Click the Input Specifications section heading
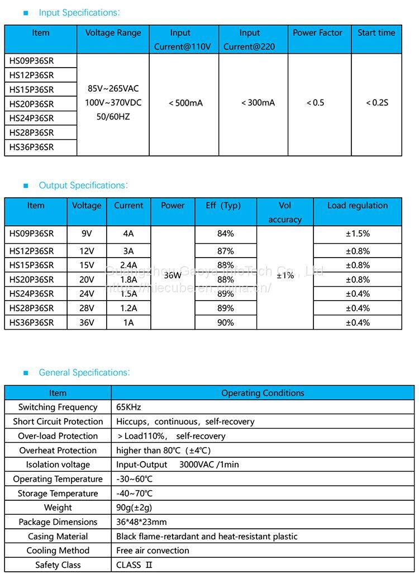[x=79, y=12]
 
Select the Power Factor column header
[x=318, y=33]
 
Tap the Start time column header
[x=376, y=33]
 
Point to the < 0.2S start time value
[x=377, y=103]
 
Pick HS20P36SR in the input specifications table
[x=32, y=104]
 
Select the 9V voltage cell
[x=87, y=234]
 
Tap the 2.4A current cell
[x=128, y=265]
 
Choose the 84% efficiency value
[x=226, y=234]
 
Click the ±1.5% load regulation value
[x=358, y=234]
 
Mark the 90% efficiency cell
[x=226, y=322]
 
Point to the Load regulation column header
[x=358, y=206]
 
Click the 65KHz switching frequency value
[x=129, y=407]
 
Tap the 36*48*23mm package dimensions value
[x=141, y=522]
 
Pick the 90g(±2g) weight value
[x=134, y=507]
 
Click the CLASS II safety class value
[x=134, y=565]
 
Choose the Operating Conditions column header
[x=263, y=393]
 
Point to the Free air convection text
[x=153, y=550]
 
